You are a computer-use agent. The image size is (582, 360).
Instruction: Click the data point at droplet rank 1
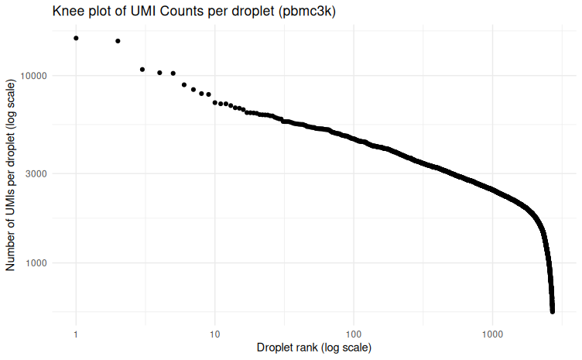point(76,38)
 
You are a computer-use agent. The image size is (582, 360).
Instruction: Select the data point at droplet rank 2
point(118,41)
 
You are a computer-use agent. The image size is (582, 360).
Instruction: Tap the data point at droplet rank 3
point(142,70)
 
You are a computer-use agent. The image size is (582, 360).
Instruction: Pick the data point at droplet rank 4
point(159,73)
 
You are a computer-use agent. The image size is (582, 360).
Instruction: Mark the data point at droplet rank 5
point(173,74)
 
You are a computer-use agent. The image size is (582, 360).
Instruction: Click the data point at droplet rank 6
point(184,85)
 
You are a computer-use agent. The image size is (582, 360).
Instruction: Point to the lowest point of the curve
point(553,311)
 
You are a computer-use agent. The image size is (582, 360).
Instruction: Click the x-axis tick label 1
point(76,334)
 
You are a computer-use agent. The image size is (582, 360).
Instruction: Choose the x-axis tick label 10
point(215,334)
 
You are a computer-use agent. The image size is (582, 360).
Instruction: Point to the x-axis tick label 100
point(354,334)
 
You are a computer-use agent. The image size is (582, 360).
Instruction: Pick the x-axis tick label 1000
point(493,334)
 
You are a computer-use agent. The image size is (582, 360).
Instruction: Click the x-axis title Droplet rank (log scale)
point(314,348)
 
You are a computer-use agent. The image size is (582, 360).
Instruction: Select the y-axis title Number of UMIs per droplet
point(11,173)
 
